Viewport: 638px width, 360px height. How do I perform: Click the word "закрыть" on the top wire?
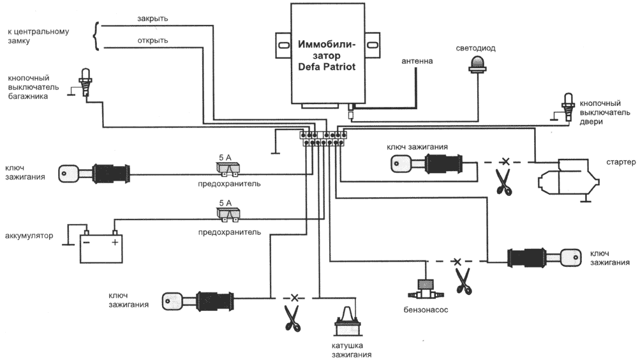pos(152,19)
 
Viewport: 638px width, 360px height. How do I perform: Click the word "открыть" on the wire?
pos(152,41)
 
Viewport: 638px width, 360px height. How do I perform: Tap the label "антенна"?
pos(417,62)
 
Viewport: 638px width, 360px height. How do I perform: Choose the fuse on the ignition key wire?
pos(226,169)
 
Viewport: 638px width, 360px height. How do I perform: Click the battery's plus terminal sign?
pos(115,243)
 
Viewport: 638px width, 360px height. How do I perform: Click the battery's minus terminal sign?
pos(86,243)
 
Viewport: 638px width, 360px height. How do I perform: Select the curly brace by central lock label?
pos(97,35)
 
